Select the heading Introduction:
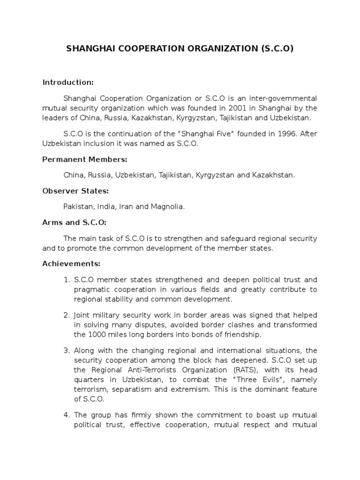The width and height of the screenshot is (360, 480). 68,82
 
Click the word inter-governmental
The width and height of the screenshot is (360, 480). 281,98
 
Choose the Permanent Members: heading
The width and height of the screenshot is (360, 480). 85,159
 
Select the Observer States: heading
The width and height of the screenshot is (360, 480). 75,191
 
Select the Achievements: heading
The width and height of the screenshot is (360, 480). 71,264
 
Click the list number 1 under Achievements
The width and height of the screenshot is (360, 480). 67,280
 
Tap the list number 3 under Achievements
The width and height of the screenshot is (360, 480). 67,350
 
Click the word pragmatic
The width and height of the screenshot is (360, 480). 91,290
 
